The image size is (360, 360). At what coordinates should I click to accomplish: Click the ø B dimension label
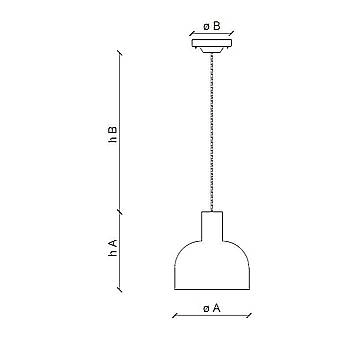[212, 26]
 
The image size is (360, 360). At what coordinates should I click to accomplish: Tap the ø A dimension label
[212, 308]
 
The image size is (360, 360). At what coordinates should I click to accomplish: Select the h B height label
[113, 134]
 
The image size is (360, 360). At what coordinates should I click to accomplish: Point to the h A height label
[113, 248]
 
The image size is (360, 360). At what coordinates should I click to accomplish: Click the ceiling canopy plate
[212, 43]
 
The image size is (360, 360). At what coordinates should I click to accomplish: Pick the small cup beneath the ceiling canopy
[212, 50]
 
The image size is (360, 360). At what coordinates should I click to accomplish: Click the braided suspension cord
[212, 132]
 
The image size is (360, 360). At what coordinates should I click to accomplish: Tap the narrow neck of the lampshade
[212, 226]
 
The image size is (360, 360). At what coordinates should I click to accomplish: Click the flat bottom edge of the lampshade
[212, 289]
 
